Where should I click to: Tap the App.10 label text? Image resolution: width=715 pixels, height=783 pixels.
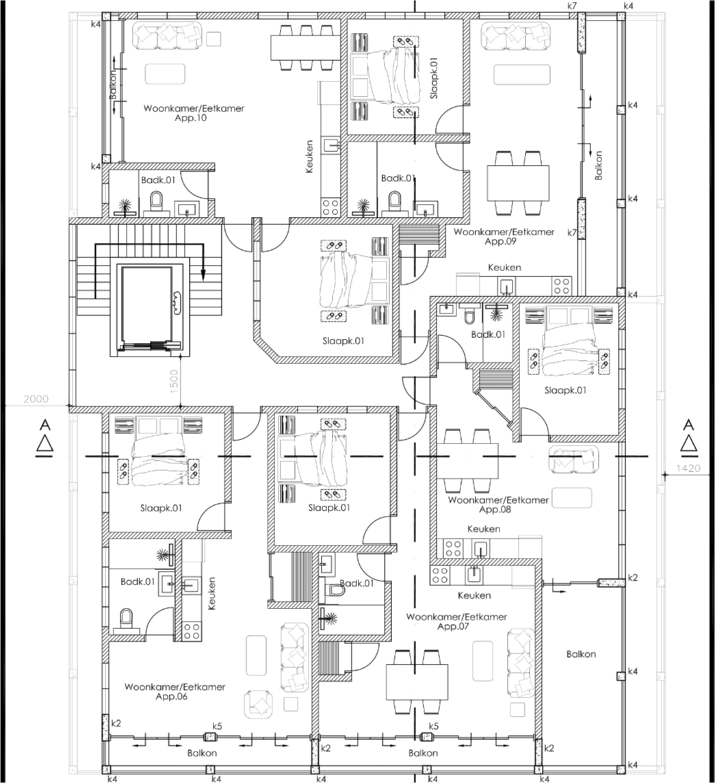pyautogui.click(x=190, y=118)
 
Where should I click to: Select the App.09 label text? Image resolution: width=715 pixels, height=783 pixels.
pyautogui.click(x=500, y=241)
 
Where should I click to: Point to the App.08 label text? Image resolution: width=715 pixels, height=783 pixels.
pyautogui.click(x=495, y=509)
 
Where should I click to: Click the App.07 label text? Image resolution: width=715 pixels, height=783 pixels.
pyautogui.click(x=454, y=626)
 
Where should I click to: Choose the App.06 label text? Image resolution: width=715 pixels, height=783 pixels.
pyautogui.click(x=171, y=696)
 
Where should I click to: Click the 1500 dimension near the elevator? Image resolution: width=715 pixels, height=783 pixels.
pyautogui.click(x=174, y=382)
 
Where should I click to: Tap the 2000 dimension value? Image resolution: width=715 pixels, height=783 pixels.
pyautogui.click(x=36, y=399)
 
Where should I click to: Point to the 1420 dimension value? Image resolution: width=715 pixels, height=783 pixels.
pyautogui.click(x=688, y=468)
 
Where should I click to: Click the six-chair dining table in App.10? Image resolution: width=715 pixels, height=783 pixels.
pyautogui.click(x=302, y=47)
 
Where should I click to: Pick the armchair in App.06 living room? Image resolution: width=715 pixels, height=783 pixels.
pyautogui.click(x=259, y=704)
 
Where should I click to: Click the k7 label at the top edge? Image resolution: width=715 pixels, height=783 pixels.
pyautogui.click(x=572, y=6)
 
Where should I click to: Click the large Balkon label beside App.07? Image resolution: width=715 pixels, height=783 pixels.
pyautogui.click(x=581, y=654)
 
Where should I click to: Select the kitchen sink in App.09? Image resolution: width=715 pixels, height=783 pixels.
pyautogui.click(x=506, y=286)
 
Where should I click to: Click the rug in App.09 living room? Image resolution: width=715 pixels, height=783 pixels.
pyautogui.click(x=522, y=75)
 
